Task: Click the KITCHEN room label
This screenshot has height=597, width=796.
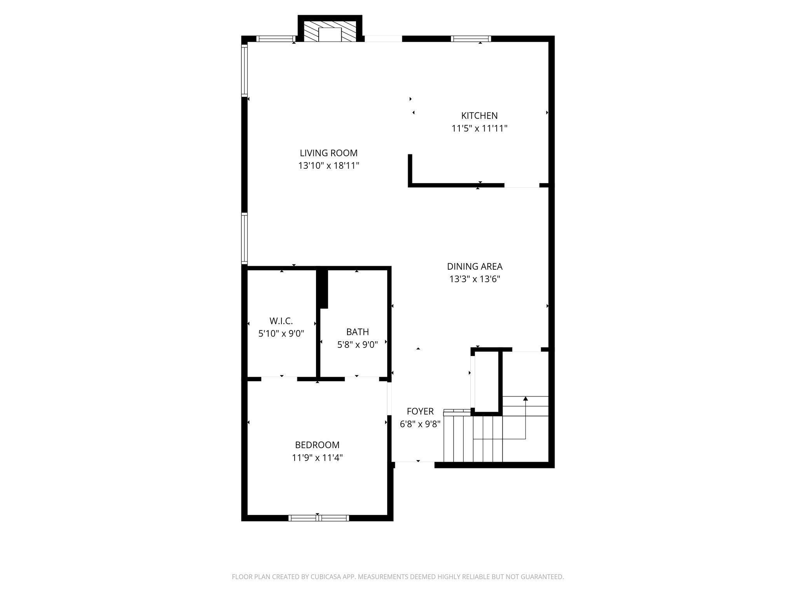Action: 479,115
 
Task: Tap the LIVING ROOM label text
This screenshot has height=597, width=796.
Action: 328,153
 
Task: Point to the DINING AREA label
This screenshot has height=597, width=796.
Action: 475,267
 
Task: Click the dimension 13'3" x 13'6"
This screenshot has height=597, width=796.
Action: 475,279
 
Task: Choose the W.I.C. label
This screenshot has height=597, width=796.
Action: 281,321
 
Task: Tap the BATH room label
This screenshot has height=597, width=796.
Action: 357,332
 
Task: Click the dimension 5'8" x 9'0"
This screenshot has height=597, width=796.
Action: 357,345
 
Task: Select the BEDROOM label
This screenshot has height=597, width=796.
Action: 317,445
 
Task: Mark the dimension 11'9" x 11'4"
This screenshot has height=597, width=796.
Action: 317,458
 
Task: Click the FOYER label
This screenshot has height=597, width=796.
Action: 420,412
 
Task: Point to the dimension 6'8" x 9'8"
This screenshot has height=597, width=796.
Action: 420,424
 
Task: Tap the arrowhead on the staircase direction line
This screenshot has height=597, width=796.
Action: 525,398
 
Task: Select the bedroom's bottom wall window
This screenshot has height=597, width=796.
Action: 319,518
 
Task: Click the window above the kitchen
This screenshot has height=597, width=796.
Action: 471,38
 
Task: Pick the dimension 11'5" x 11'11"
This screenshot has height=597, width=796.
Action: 479,128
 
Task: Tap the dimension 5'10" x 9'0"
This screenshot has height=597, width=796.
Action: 281,333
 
